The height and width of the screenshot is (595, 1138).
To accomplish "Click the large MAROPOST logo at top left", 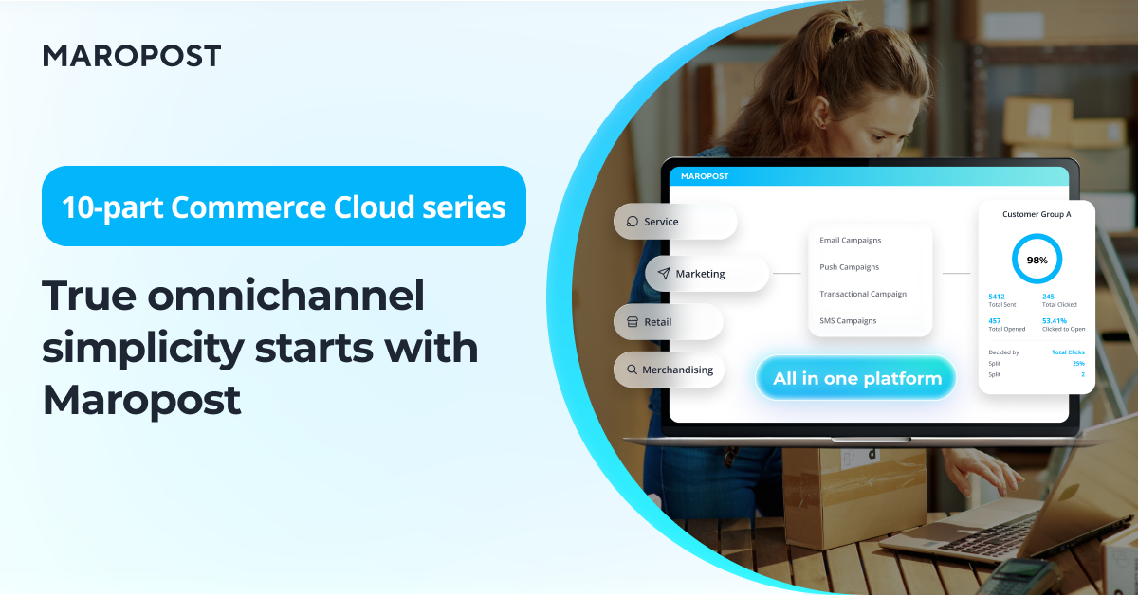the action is click(132, 56).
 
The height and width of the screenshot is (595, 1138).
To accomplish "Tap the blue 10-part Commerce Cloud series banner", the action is click(284, 207).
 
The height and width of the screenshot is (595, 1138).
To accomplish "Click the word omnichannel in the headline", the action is click(285, 296).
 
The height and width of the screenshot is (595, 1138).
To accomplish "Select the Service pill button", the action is click(675, 222).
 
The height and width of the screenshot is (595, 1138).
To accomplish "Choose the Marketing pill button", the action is click(707, 274).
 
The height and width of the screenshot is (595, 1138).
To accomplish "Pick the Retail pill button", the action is click(668, 322).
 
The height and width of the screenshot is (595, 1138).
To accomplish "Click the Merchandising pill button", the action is click(669, 370).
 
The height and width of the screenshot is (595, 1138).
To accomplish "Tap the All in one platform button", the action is click(856, 378).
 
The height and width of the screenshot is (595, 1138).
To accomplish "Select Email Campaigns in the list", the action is click(850, 240).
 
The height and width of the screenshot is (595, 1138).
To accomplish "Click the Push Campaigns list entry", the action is click(849, 267).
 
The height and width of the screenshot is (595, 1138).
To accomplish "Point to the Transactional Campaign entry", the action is click(863, 294).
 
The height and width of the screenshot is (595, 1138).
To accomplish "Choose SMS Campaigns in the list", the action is click(848, 321).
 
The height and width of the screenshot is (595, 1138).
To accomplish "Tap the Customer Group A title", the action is click(1037, 214).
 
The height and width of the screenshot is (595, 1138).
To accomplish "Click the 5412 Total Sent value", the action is click(997, 297).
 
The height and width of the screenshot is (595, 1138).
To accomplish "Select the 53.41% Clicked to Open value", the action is click(1055, 321).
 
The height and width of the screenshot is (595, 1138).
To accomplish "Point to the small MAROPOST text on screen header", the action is click(704, 176).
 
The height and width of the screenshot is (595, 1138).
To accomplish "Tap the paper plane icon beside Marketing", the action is click(664, 274).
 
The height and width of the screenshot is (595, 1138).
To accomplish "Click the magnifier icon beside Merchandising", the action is click(632, 370).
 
